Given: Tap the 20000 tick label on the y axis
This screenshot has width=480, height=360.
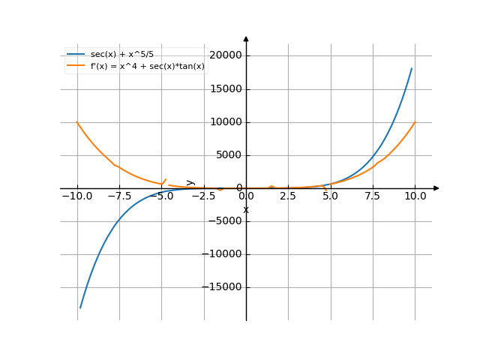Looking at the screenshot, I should (226, 55).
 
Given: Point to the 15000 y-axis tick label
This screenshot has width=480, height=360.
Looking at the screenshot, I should (226, 89).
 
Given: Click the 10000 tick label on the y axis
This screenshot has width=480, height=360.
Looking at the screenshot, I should (226, 122).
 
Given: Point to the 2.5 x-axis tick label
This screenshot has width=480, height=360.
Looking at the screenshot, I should (288, 196).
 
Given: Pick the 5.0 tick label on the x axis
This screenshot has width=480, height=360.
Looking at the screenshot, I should (331, 196).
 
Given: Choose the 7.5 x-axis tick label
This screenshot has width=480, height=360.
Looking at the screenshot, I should (373, 196).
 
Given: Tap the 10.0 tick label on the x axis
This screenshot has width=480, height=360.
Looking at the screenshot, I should (415, 196).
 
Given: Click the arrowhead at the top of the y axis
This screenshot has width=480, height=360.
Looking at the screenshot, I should (246, 37).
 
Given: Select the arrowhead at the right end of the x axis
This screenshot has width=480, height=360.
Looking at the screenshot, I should (436, 188).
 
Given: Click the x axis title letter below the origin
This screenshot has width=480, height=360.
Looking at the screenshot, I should (246, 209).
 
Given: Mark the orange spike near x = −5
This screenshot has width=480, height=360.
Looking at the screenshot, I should (165, 180).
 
